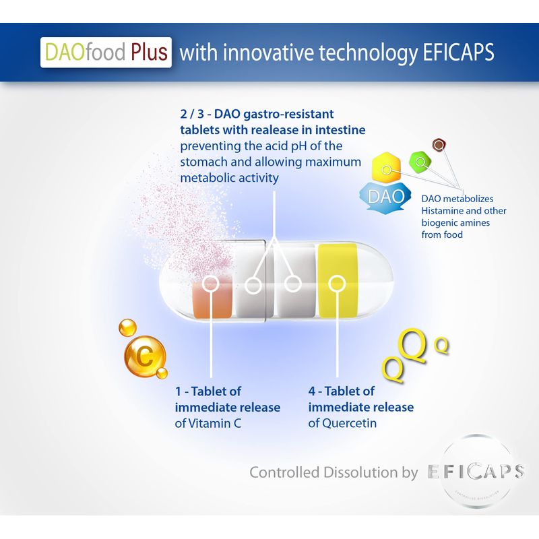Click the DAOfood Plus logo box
(106, 53)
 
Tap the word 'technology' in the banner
(368, 53)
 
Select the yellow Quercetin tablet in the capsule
(338, 280)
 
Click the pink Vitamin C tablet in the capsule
(212, 299)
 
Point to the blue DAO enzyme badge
(385, 196)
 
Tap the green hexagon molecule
(420, 161)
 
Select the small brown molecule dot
(439, 145)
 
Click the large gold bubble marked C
(144, 356)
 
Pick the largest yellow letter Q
(411, 345)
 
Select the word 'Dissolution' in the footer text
(360, 472)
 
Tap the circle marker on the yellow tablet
(337, 284)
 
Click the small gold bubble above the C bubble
(127, 327)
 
